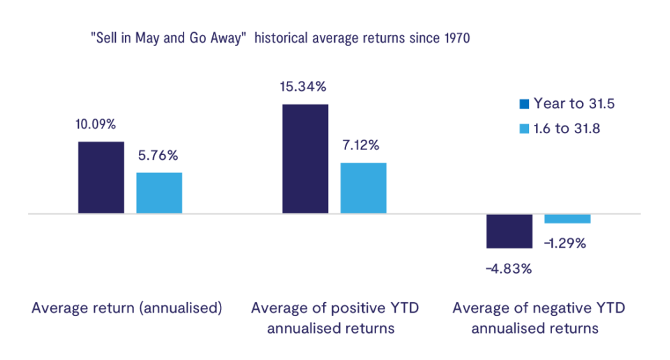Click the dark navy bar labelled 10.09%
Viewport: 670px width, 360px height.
coord(100,177)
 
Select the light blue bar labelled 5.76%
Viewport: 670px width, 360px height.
coord(159,193)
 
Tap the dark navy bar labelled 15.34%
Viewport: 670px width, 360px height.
coord(305,158)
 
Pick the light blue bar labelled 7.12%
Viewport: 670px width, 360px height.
coord(363,188)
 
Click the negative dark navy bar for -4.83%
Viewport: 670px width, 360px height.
coord(509,231)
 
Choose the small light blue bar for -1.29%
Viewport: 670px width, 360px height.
coord(567,218)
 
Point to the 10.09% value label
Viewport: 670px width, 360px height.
coord(96,124)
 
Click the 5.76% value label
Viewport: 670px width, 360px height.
coord(158,156)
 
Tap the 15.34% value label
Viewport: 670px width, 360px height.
coord(303,87)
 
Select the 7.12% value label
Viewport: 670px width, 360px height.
coord(361,145)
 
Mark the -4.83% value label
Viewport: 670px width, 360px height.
coord(509,269)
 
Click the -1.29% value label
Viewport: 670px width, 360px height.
coord(565,243)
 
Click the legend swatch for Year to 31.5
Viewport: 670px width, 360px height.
coord(524,104)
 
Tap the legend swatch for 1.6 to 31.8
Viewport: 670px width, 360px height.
coord(524,128)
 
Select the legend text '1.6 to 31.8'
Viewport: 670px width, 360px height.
coord(567,128)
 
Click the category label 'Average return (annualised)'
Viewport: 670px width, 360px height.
coord(127,308)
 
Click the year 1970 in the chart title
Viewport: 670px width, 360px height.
coord(457,38)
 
